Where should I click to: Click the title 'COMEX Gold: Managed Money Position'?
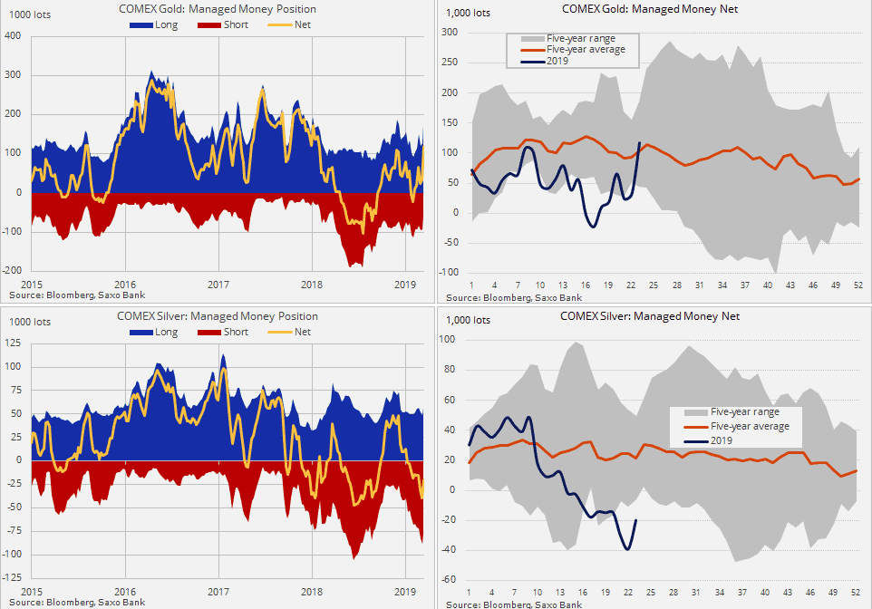(218, 9)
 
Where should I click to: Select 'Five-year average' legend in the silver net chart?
(750, 426)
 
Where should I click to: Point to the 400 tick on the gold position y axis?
(13, 36)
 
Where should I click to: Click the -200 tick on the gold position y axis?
(11, 271)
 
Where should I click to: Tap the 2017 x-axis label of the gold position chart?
(218, 284)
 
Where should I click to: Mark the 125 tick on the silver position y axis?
(13, 343)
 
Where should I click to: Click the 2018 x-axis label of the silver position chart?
(312, 591)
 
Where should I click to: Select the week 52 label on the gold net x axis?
(857, 284)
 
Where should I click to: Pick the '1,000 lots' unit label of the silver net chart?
(469, 320)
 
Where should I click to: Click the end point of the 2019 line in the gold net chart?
(640, 142)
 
